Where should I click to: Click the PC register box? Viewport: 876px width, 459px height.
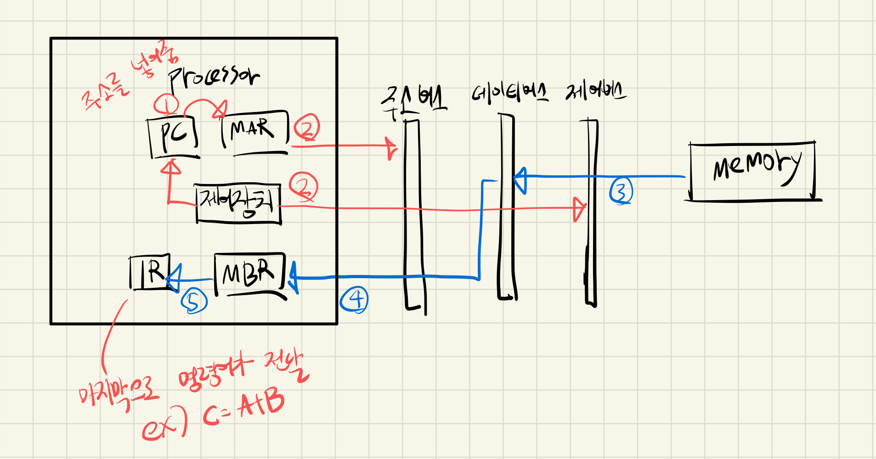click(174, 136)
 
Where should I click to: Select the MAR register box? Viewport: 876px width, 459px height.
click(254, 131)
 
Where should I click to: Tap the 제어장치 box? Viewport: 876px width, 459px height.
click(238, 203)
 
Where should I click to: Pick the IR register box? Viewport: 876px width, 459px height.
click(150, 272)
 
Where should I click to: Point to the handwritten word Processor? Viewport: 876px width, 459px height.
click(214, 77)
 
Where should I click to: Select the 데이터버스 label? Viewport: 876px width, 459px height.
click(509, 93)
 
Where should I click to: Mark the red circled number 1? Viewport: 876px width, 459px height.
click(166, 105)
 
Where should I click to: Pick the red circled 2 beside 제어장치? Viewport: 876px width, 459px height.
click(303, 187)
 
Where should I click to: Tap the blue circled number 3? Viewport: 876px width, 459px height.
click(621, 191)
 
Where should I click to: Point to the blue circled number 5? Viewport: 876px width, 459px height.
click(194, 302)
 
